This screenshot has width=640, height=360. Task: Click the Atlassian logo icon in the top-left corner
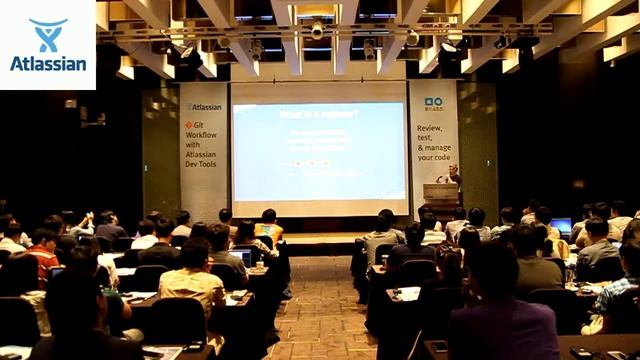click(x=47, y=33)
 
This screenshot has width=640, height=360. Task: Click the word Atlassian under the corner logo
click(x=47, y=63)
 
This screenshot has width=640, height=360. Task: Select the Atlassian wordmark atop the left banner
click(x=204, y=106)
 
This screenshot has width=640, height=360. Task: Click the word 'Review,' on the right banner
click(x=431, y=129)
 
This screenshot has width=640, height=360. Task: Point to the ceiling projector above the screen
click(x=317, y=30)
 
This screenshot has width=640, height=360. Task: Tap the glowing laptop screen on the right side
click(x=562, y=226)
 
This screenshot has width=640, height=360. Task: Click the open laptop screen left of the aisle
click(x=241, y=258)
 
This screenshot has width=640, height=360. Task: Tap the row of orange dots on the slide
click(x=311, y=163)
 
